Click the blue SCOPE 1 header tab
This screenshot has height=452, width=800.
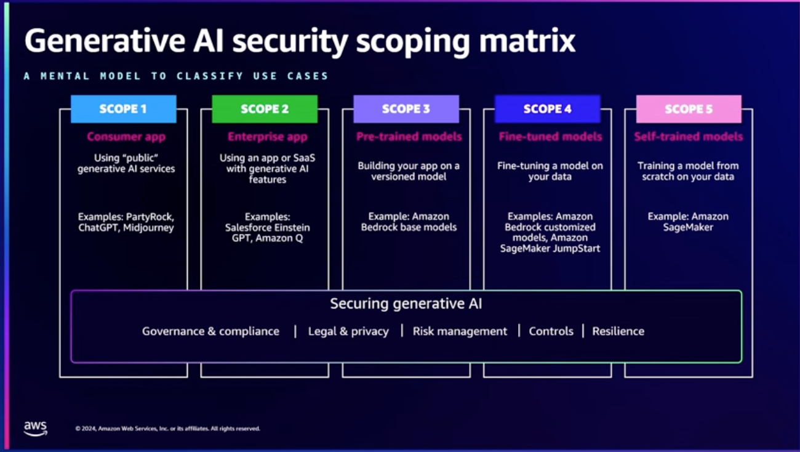coord(123,109)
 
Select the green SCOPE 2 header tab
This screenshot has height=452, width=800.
coord(265,109)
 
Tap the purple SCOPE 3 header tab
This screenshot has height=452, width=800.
coord(406,109)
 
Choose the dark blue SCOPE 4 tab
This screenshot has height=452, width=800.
coord(547,109)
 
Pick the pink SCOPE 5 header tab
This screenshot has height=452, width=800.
coord(689,109)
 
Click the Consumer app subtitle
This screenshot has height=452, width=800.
coord(126,137)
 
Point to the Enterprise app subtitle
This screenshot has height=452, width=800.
coord(267,137)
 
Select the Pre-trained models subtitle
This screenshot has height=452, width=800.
coord(409,137)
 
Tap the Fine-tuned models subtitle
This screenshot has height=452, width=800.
coord(550,137)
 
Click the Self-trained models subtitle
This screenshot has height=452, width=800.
coord(689,137)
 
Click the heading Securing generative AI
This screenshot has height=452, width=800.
coord(406,304)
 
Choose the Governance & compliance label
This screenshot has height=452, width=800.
coord(210,331)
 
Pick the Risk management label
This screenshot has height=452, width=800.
coord(460,331)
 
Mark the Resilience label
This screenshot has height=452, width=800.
coord(618,331)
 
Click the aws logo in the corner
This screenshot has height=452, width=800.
coord(36,428)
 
